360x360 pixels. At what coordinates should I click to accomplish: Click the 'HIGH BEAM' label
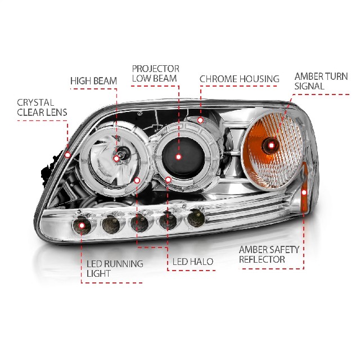[x=93, y=80]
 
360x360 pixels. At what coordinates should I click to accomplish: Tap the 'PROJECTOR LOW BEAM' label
[x=155, y=74]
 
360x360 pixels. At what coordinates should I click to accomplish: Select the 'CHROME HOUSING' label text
[x=239, y=79]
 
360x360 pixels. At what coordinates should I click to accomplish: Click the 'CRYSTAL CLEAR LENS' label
[x=42, y=107]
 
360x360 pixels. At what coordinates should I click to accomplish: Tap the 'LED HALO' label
[x=192, y=262]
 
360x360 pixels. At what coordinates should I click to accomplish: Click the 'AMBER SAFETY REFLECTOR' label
[x=269, y=254]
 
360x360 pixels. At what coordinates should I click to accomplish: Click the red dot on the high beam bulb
[x=116, y=159]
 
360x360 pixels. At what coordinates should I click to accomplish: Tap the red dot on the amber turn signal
[x=272, y=145]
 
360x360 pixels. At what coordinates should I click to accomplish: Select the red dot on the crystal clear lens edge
[x=67, y=154]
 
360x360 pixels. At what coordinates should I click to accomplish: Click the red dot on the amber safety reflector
[x=304, y=193]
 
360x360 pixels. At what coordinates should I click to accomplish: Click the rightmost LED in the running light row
[x=196, y=217]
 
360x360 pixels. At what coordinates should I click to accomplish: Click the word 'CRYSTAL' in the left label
[x=35, y=102]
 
